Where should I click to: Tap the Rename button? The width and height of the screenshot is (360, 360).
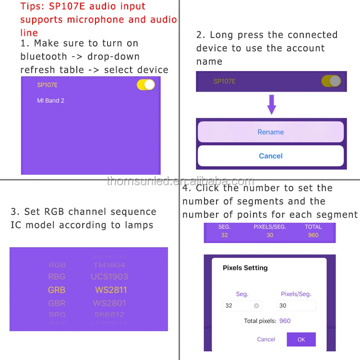[271, 132]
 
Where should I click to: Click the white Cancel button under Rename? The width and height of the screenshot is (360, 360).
[271, 156]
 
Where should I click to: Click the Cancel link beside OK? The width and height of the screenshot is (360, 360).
[266, 339]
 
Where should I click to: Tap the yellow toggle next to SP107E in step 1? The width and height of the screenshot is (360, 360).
[146, 85]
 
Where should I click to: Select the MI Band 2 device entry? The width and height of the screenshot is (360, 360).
[50, 101]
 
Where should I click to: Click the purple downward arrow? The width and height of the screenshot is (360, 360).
[272, 104]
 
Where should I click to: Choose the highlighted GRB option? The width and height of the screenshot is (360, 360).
[57, 290]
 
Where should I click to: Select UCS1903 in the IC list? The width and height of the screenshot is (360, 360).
[109, 276]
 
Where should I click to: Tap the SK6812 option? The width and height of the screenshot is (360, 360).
[109, 315]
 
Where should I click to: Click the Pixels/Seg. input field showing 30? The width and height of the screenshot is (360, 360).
[296, 306]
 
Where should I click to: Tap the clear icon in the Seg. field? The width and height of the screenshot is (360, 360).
[256, 306]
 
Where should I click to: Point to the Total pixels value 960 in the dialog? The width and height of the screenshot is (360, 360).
[285, 321]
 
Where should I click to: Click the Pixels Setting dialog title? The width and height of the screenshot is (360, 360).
[245, 268]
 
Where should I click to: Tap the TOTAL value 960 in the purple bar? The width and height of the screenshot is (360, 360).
[313, 235]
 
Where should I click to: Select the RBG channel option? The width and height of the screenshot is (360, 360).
[57, 276]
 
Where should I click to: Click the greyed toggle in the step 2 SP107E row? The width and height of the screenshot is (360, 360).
[331, 81]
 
